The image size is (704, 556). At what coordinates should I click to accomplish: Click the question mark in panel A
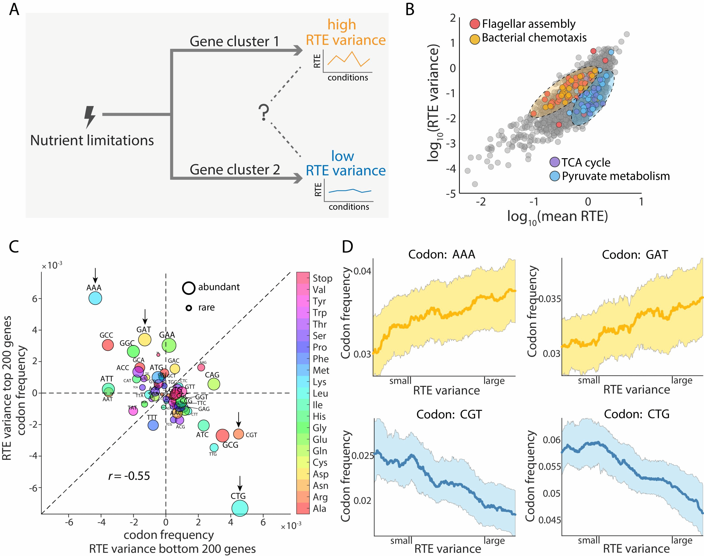pos(264,113)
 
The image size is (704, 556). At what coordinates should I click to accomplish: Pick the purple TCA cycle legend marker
pos(555,162)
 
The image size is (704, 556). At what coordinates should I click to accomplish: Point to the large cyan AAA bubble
pos(95,298)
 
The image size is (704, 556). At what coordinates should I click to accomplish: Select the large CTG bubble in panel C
pos(240,508)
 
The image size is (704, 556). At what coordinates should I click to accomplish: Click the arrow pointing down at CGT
pos(239,419)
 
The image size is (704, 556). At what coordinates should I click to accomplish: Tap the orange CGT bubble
pos(239,434)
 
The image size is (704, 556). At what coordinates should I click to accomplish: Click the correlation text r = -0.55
pos(129,476)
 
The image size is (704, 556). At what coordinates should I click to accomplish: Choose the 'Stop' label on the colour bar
pos(322,278)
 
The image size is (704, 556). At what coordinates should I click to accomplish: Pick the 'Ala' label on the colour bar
pos(319,508)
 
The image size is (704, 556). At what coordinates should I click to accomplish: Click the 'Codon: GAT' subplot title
pos(635,255)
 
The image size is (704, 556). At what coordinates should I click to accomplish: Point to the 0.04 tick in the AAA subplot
pos(362,271)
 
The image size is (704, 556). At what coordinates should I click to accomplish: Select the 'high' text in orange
pos(341,25)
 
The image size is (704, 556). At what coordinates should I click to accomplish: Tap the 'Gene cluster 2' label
pos(235,170)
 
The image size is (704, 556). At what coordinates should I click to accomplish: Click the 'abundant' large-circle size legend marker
pos(188,288)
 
